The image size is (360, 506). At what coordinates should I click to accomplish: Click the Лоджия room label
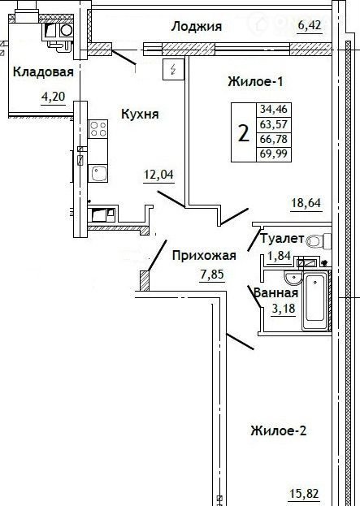[x=197, y=27]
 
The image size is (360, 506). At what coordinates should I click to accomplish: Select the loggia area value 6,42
[x=310, y=25]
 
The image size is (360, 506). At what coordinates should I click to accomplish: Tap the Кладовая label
[x=43, y=71]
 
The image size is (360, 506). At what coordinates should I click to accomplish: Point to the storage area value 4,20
[x=54, y=97]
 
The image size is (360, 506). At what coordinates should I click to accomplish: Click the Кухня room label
[x=140, y=114]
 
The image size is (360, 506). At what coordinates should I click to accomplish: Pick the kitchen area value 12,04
[x=158, y=175]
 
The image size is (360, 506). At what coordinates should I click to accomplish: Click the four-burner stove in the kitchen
[x=98, y=129]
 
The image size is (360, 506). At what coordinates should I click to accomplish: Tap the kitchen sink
[x=98, y=173]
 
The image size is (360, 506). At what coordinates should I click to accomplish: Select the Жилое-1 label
[x=255, y=81]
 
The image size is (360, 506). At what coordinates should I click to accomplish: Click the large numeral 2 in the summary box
[x=244, y=133]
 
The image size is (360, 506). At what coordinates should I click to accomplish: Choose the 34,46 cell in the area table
[x=274, y=109]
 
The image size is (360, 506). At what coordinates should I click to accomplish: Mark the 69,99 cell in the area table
[x=274, y=154]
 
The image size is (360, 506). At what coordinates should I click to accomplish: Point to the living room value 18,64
[x=306, y=203]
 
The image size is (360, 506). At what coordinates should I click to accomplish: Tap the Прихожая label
[x=204, y=256]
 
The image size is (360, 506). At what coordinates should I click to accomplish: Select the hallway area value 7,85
[x=212, y=275]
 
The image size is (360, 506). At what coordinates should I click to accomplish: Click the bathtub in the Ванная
[x=314, y=301]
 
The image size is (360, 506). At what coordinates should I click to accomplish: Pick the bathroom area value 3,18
[x=284, y=309]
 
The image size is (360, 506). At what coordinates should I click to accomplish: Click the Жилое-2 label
[x=278, y=430]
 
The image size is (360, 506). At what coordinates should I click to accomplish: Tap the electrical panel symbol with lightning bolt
[x=173, y=69]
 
